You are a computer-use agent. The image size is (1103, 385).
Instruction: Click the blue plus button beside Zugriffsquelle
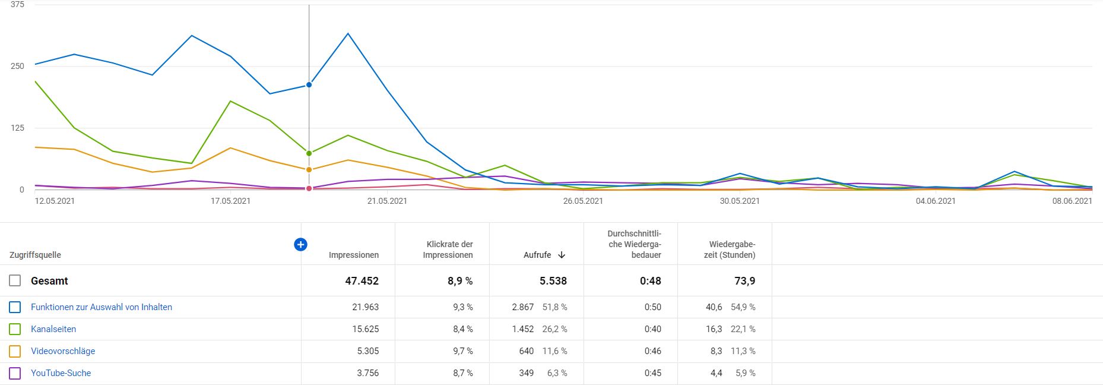click(x=300, y=244)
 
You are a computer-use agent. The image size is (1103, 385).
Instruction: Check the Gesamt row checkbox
click(x=15, y=280)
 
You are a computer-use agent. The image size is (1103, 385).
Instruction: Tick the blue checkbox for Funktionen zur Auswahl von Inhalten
click(x=15, y=307)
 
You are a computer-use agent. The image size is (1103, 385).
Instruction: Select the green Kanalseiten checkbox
click(x=15, y=329)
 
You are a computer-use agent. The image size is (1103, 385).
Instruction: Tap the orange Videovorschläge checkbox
click(x=15, y=351)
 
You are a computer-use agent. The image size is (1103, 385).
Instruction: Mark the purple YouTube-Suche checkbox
click(x=15, y=373)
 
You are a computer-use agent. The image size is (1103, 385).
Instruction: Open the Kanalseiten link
click(x=53, y=329)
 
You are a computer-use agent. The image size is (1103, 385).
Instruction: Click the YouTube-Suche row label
click(x=61, y=373)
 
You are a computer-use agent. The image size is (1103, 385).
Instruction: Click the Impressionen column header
click(x=354, y=255)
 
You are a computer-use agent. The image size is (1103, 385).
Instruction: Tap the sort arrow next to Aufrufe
click(x=562, y=255)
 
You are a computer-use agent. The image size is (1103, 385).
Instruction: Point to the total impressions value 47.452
click(x=362, y=281)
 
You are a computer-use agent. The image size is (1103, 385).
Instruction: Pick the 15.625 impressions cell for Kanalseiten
click(x=365, y=329)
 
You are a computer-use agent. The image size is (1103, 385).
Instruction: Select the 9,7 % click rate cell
click(x=462, y=351)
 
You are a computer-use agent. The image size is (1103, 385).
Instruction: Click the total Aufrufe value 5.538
click(x=553, y=281)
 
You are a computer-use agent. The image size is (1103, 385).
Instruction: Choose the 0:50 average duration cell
click(x=652, y=307)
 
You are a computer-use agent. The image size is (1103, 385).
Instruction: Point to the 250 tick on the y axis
click(x=17, y=66)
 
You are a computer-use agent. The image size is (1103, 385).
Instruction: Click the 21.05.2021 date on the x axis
click(x=387, y=201)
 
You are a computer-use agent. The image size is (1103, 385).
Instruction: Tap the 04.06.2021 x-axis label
click(x=936, y=201)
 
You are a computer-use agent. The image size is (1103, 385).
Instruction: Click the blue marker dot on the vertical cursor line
click(x=309, y=85)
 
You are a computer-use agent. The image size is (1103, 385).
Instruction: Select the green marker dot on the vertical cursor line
click(x=309, y=153)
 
